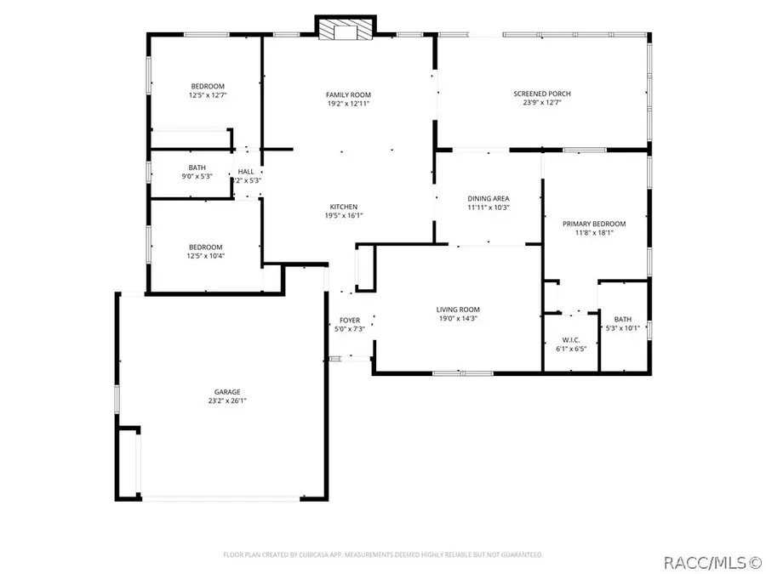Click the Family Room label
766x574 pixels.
tap(348, 94)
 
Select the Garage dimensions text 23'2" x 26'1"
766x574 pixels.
tap(227, 401)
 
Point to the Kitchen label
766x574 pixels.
tap(344, 207)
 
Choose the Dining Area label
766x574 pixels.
tap(489, 198)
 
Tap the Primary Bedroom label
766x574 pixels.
tap(593, 224)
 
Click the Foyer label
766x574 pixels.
tap(350, 320)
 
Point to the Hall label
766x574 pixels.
tap(246, 172)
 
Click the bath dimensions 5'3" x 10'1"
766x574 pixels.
tap(621, 327)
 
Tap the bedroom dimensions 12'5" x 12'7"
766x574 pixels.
tap(208, 95)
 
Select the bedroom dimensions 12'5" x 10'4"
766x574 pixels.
tap(207, 255)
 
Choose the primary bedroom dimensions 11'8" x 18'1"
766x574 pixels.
tap(593, 233)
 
